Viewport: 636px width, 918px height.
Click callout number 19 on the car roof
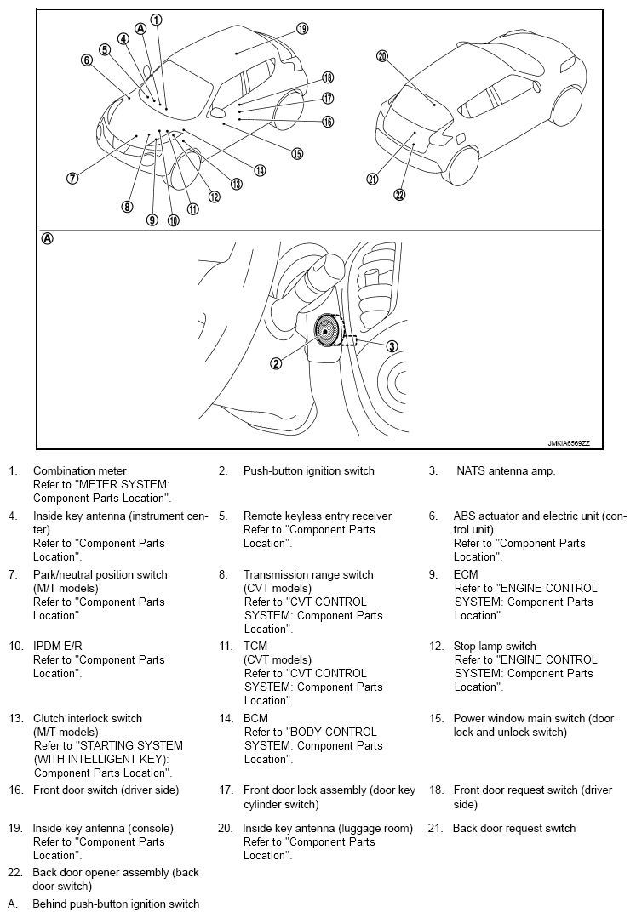click(x=302, y=28)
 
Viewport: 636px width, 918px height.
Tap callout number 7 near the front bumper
click(x=72, y=179)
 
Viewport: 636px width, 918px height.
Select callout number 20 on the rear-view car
click(x=381, y=56)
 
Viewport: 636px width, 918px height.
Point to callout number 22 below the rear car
click(x=399, y=194)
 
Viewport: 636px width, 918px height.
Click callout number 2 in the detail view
click(x=276, y=363)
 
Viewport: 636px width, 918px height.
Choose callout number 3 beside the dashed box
click(x=392, y=345)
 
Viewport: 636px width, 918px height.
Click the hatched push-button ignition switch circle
click(x=326, y=331)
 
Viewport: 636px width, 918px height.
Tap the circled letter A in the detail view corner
click(x=48, y=239)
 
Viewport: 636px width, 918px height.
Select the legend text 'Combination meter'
click(x=79, y=470)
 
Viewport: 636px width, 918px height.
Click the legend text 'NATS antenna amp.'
click(x=506, y=470)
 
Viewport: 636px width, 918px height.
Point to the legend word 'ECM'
click(x=466, y=574)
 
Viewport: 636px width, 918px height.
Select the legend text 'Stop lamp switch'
click(x=495, y=646)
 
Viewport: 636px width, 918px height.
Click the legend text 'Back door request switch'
click(x=513, y=828)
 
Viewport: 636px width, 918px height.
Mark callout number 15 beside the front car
click(x=297, y=154)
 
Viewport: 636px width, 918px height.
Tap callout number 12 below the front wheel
click(x=215, y=197)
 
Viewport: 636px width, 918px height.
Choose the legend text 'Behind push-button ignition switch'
click(x=116, y=904)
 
